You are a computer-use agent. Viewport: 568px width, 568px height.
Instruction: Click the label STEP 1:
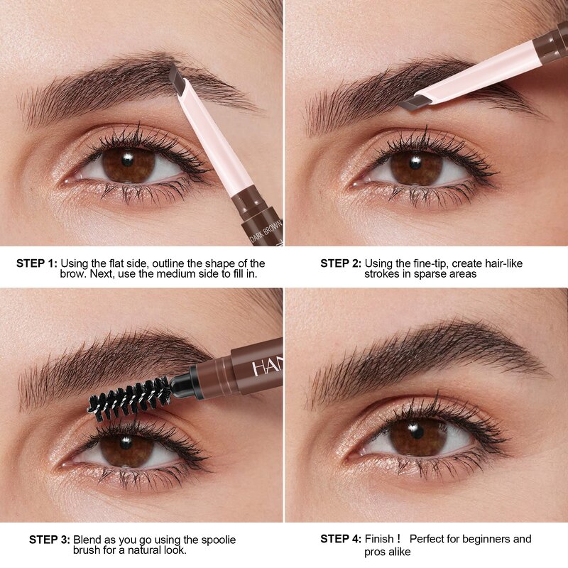tap(37, 263)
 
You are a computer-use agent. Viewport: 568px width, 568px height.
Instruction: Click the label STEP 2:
tap(341, 263)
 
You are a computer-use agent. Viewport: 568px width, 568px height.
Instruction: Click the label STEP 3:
tap(50, 540)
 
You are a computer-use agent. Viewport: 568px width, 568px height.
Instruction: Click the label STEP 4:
tap(341, 540)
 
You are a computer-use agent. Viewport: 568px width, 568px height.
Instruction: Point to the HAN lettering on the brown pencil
tap(266, 368)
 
